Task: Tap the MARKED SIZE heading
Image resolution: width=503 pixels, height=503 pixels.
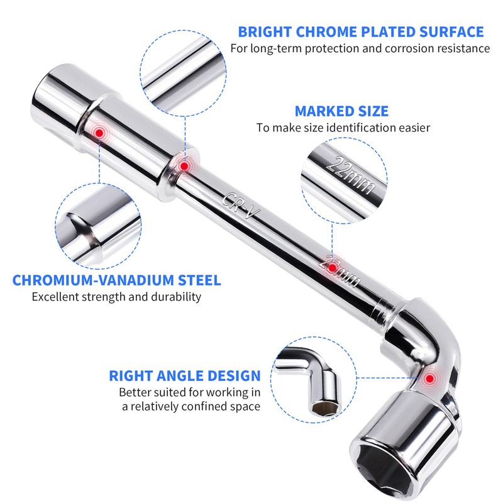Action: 341,111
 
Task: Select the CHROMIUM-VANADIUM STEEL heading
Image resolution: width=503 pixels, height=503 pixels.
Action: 117,280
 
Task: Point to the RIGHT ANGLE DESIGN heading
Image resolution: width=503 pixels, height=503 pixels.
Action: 185,376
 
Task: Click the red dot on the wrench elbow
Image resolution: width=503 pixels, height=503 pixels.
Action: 430,379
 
